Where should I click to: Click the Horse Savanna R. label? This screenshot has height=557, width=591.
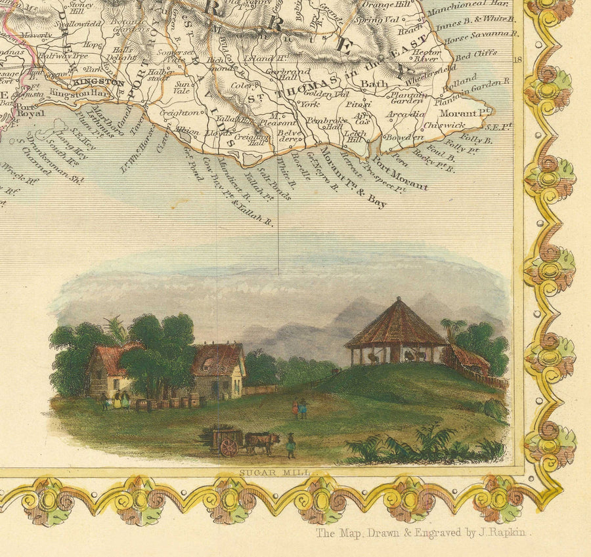click(x=479, y=39)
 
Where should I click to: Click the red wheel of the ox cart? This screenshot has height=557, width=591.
click(x=229, y=447)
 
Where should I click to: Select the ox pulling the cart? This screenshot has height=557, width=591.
click(x=262, y=442)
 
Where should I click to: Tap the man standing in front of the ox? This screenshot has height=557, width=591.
click(x=290, y=445)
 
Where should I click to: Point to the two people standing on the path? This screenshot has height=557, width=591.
click(x=299, y=409)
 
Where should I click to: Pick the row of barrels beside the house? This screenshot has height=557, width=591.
click(x=167, y=402)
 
